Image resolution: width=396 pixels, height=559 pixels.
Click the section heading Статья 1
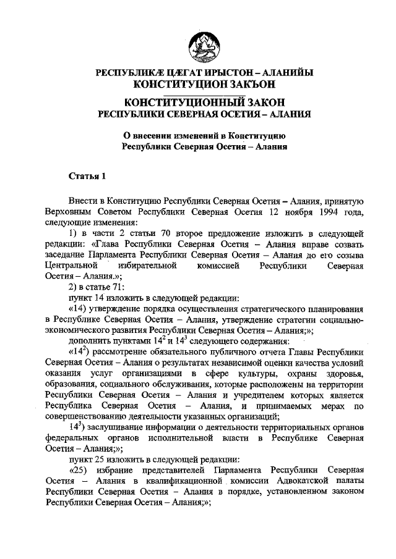click(x=87, y=176)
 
